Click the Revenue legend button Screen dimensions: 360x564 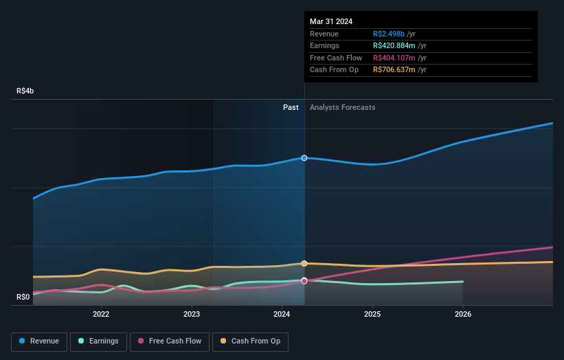point(39,341)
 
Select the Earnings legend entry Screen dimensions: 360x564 point(98,341)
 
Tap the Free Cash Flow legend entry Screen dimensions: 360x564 point(169,341)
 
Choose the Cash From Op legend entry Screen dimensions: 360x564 point(251,341)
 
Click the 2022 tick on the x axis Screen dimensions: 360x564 point(101,315)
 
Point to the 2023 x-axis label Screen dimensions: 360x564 point(192,315)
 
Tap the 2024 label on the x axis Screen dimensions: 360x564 point(282,315)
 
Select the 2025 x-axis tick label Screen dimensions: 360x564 point(372,315)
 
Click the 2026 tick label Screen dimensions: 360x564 point(463,315)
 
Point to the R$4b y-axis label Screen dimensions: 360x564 point(25,91)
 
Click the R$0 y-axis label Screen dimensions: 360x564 point(24,297)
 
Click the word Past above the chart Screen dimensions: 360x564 point(291,107)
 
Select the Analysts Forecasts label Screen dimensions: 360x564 point(343,107)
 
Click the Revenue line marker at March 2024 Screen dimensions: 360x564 point(304,158)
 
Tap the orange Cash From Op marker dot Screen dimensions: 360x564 point(304,263)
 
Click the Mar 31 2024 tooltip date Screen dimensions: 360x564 point(331,21)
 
